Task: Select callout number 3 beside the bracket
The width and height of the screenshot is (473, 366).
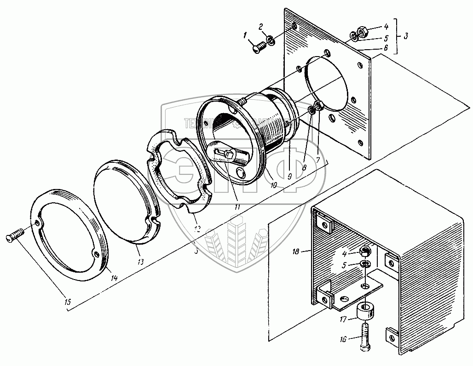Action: pyautogui.click(x=405, y=35)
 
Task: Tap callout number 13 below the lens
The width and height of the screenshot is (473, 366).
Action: pyautogui.click(x=140, y=262)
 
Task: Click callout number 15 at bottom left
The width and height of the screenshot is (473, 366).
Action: pyautogui.click(x=68, y=302)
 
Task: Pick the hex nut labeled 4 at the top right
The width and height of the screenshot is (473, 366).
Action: pyautogui.click(x=362, y=32)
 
